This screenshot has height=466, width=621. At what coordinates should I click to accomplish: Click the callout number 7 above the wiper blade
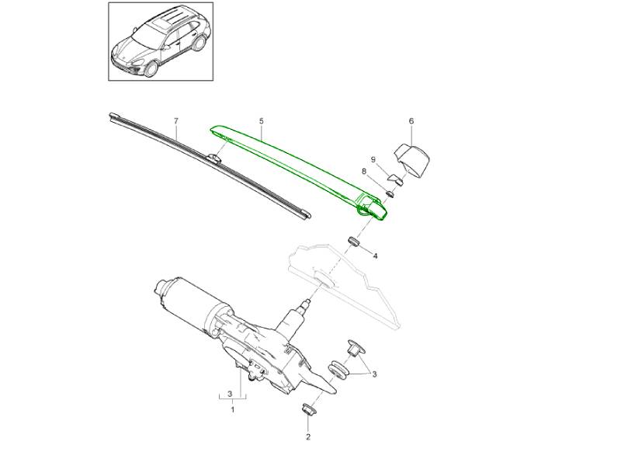click(176, 121)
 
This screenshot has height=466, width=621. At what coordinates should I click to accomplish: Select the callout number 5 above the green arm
click(262, 121)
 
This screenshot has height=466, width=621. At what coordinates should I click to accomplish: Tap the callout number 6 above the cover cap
click(411, 121)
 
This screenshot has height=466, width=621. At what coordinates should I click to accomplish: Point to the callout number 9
click(373, 159)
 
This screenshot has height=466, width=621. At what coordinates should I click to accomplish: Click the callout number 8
click(364, 171)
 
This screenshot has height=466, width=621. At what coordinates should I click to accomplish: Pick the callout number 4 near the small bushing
click(375, 256)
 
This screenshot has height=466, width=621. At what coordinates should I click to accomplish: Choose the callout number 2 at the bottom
click(308, 437)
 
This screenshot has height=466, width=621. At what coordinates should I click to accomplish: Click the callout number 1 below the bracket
click(232, 409)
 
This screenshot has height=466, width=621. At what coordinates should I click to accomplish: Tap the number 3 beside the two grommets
click(374, 374)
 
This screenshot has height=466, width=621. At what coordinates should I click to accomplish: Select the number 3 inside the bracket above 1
click(230, 394)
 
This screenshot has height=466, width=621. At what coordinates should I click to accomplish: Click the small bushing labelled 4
click(354, 241)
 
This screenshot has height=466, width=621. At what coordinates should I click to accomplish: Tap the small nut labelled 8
click(390, 193)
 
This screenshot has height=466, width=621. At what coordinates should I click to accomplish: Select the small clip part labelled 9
click(395, 179)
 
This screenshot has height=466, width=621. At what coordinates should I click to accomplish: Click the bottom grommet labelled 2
click(307, 409)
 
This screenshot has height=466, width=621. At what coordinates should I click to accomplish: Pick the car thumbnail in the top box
click(161, 41)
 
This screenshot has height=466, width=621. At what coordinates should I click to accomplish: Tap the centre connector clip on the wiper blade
click(213, 158)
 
